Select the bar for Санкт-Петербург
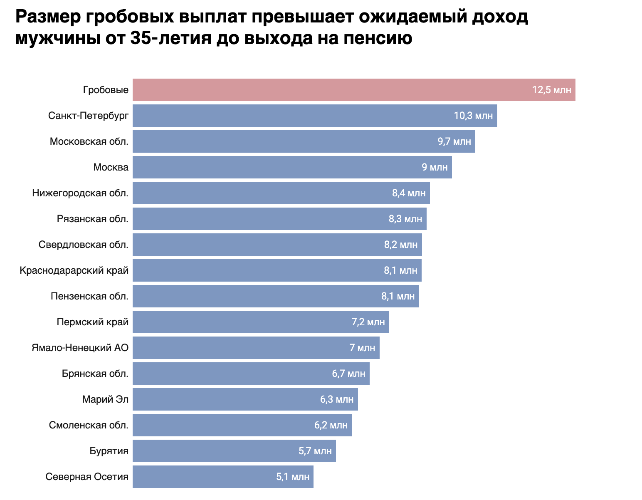point(291,116)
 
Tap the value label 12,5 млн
point(551,90)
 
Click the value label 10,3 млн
point(473,116)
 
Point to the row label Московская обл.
point(89,141)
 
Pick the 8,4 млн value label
point(409,193)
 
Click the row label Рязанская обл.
point(93,219)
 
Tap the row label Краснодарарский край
point(74,270)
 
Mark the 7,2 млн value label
point(368,322)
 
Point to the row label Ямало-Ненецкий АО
point(80,348)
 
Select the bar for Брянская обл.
point(233,374)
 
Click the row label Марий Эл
point(105,399)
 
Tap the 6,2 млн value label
point(331,425)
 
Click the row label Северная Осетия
point(87,477)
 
